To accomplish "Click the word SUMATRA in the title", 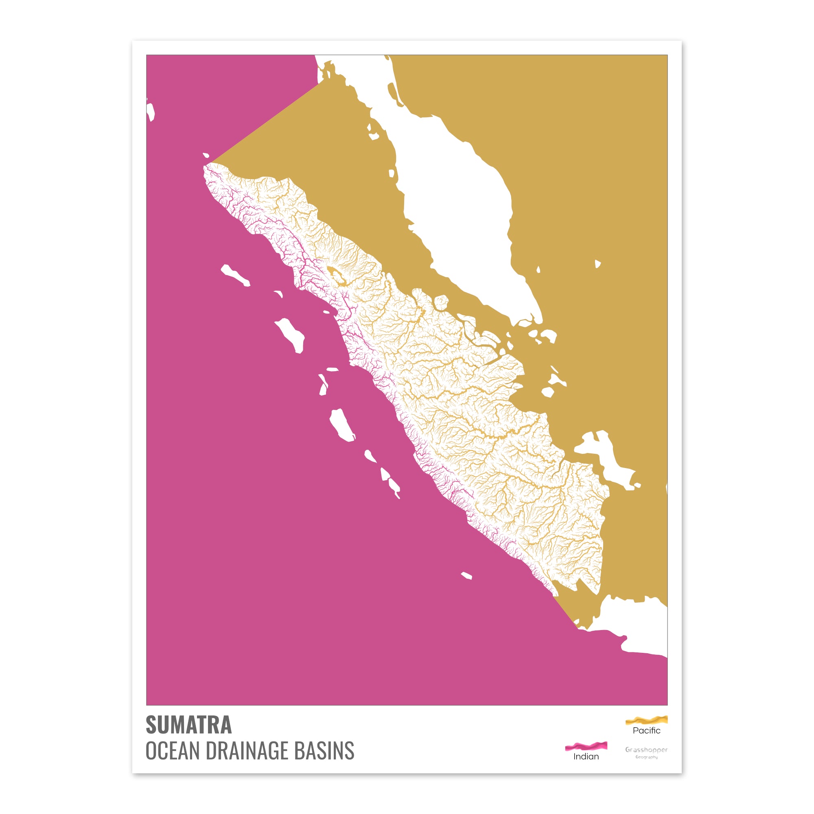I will coord(188,725).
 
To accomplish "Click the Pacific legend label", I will coord(646,731).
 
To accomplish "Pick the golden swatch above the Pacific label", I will coord(646,720).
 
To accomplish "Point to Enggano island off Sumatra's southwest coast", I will coord(466,575).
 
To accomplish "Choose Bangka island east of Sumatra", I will coord(607,459).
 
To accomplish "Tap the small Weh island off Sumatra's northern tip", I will coord(206,155).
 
